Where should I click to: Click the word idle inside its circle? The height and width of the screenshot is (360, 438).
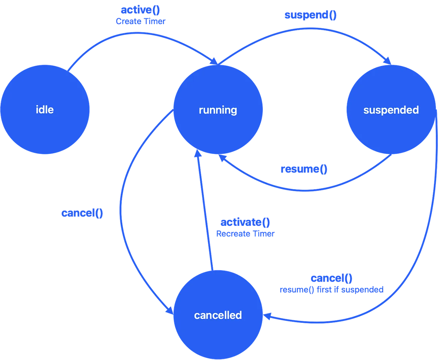coord(45,110)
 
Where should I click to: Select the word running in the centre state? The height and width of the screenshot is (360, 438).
coord(218,110)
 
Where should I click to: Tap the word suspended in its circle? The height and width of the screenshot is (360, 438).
coord(391,110)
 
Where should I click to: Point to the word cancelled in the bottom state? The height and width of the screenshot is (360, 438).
coord(218,315)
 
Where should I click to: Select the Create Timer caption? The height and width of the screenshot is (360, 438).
coord(141,22)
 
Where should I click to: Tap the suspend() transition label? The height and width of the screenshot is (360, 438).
coord(310,16)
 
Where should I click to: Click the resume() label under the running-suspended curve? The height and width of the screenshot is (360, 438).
coord(304,169)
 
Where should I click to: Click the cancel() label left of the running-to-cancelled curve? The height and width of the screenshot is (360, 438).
coord(82,213)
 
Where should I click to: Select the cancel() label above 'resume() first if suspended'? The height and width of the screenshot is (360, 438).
coord(331,278)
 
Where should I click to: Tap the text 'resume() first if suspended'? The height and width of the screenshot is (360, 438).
coord(331,290)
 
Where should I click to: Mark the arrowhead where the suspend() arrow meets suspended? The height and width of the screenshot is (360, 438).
coord(388,61)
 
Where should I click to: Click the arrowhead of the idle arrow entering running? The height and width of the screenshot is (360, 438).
coord(213,63)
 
